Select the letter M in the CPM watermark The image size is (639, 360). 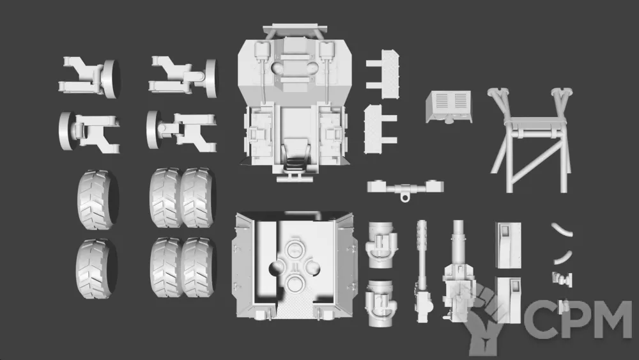612,320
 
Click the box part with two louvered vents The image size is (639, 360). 449,106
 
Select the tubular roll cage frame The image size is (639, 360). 530,139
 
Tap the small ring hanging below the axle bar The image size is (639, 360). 404,198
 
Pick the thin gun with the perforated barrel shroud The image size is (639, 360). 422,271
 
